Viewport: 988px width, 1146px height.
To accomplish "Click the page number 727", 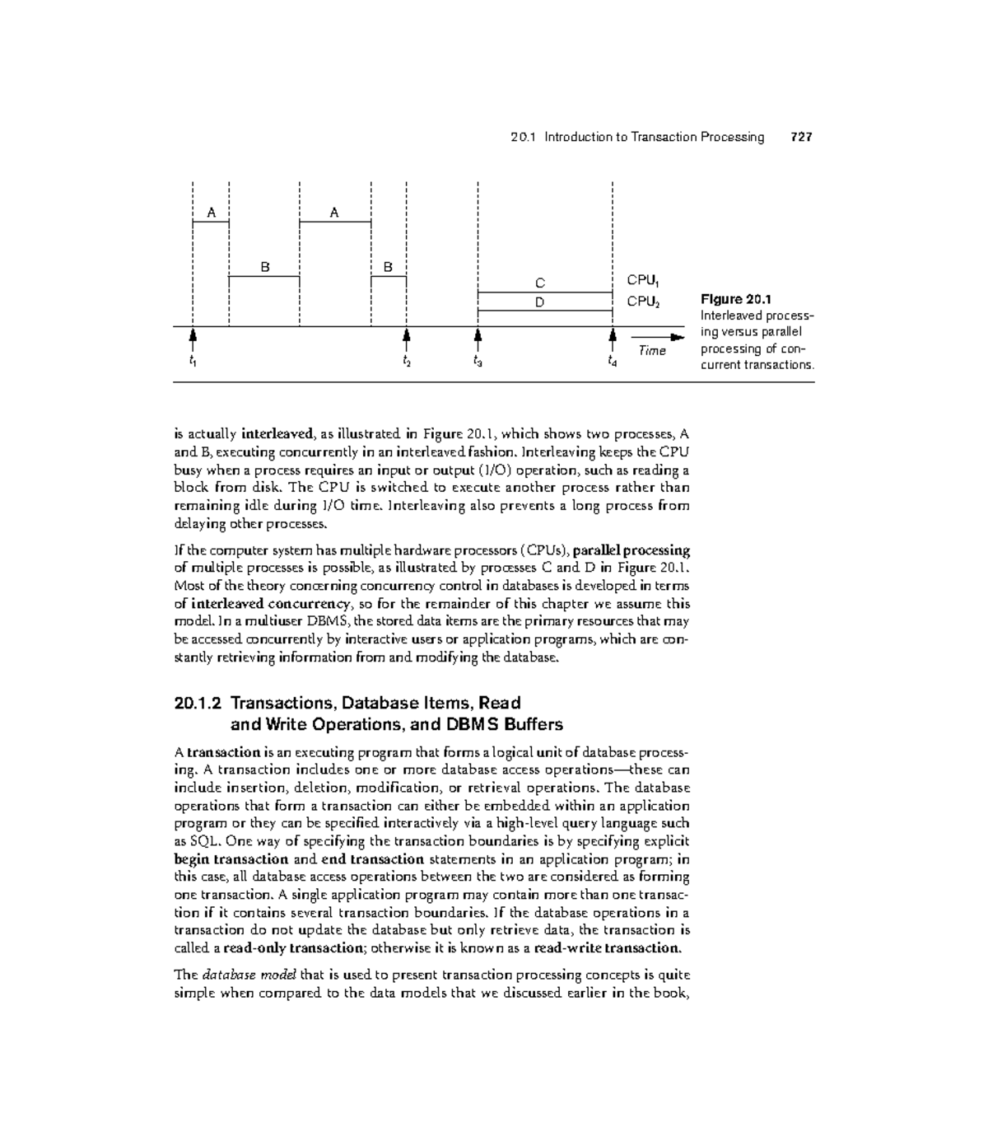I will click(x=800, y=138).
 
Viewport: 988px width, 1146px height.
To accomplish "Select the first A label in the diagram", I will click(x=211, y=213).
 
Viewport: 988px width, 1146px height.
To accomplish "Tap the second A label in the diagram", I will click(x=334, y=213).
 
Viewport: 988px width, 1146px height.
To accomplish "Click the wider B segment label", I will click(x=264, y=268).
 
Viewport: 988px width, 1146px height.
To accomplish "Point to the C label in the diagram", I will click(x=540, y=283).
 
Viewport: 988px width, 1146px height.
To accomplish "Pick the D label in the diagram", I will click(x=540, y=302).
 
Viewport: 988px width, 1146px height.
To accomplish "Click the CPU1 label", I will click(x=644, y=281).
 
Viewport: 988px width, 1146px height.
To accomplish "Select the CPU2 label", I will click(x=644, y=302).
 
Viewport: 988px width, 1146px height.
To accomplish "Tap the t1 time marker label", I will click(x=192, y=361).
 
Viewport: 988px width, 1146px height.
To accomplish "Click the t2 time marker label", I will click(x=406, y=361).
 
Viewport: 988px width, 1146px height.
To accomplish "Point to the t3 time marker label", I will click(x=478, y=361).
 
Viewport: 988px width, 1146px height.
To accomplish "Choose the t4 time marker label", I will click(x=612, y=361).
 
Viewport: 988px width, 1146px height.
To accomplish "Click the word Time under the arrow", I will click(x=652, y=351).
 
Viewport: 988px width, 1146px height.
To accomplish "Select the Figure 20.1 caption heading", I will click(x=735, y=299).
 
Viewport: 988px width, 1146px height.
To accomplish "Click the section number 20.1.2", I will click(x=198, y=704).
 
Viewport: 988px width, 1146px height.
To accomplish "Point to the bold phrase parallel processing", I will click(x=631, y=550).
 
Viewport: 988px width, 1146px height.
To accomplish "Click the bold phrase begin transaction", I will click(x=231, y=859).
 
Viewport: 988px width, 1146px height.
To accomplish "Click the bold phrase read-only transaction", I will click(x=294, y=948).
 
